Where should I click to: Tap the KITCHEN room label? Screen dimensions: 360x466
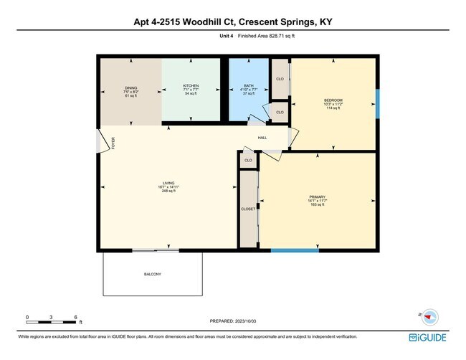point(191,86)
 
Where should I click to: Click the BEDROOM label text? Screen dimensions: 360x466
point(333,100)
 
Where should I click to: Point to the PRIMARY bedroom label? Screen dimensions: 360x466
point(318,196)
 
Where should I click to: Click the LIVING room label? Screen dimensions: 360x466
point(168,183)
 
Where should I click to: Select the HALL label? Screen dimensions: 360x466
point(262,137)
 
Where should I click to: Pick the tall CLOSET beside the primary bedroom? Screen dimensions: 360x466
point(249,209)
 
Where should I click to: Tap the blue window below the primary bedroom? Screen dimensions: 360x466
point(295,250)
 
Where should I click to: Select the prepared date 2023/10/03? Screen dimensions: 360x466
point(234,321)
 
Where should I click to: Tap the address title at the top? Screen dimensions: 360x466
point(233,22)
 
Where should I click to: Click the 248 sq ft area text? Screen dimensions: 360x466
point(168,191)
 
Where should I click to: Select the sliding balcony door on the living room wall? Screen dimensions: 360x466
point(156,250)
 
